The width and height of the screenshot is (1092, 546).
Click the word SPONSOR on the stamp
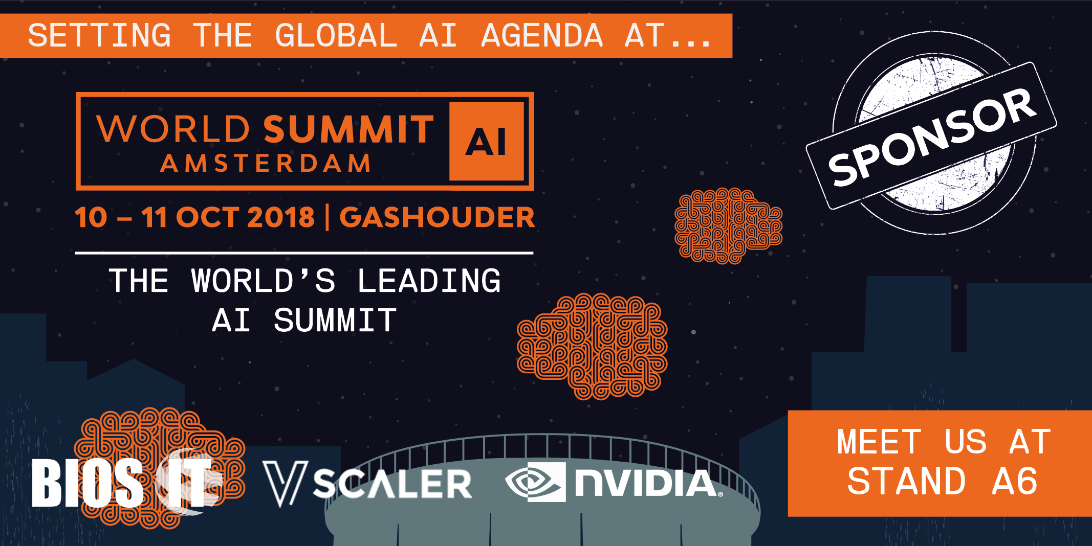click(x=932, y=136)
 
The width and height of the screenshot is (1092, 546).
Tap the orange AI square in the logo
click(x=487, y=141)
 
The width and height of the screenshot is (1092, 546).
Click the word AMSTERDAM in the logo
click(x=266, y=164)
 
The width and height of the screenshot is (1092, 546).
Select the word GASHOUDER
click(x=437, y=217)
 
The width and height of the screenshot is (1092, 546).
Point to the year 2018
click(x=281, y=217)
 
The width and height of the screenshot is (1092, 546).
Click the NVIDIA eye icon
click(x=535, y=482)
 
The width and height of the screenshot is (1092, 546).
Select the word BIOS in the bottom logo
click(x=88, y=482)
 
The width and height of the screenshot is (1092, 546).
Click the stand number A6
click(x=1014, y=482)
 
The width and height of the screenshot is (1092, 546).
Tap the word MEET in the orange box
click(x=879, y=442)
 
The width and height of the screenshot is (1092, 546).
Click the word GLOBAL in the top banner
click(x=336, y=35)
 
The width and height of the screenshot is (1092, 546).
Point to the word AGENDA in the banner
click(x=542, y=35)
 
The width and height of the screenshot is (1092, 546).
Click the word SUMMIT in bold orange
click(x=349, y=129)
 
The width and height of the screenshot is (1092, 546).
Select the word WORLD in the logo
click(x=173, y=129)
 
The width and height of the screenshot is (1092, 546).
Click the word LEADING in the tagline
click(x=429, y=281)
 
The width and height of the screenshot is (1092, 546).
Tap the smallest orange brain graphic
click(x=728, y=225)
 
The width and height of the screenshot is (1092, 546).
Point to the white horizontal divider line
click(x=304, y=253)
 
